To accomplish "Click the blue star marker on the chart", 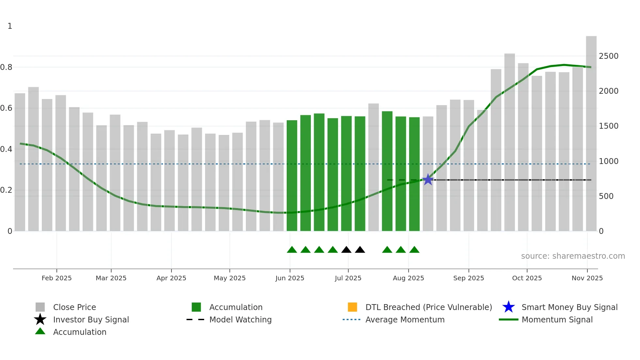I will click(x=428, y=180).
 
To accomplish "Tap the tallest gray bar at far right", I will click(x=591, y=134).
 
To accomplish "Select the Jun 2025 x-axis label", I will click(x=290, y=278).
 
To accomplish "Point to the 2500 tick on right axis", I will click(x=608, y=56).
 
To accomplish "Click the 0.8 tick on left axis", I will click(x=6, y=67).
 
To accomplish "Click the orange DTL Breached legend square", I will click(x=352, y=307).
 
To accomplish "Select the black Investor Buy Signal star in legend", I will click(x=40, y=319).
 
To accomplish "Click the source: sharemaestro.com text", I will click(x=573, y=256).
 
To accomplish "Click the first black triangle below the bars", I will click(x=346, y=250).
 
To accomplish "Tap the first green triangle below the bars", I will click(x=292, y=250).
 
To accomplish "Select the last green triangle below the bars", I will click(x=414, y=250).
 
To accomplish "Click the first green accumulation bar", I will click(x=292, y=176).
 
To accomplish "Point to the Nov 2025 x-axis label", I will click(x=587, y=278).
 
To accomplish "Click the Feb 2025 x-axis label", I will click(x=56, y=278).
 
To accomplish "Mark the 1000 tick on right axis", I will click(x=608, y=161).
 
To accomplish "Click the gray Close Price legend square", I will click(x=40, y=307).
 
